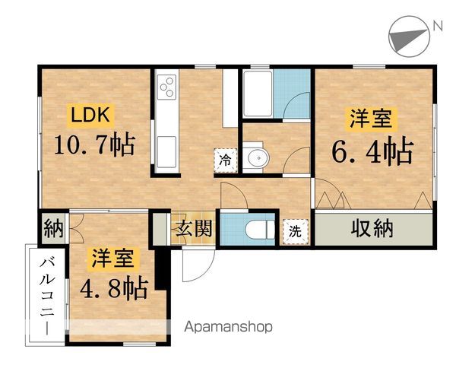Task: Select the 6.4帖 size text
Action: (x=372, y=151)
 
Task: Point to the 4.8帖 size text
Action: (x=114, y=287)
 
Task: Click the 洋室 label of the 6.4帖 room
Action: (x=371, y=119)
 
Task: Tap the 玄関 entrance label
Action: (x=195, y=228)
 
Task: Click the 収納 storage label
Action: (x=372, y=227)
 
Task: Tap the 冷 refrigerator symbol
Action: (x=226, y=160)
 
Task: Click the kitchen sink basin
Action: (x=165, y=144)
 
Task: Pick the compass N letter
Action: (x=437, y=26)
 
